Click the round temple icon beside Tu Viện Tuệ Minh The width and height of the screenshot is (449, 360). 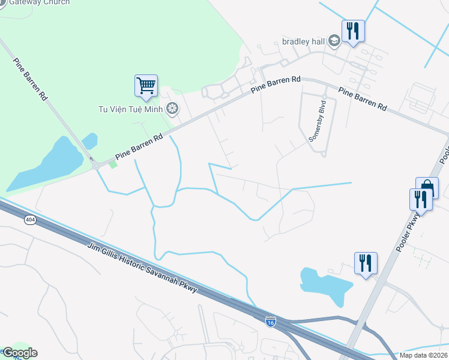pos(173,109)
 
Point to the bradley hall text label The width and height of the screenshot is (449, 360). pos(303,41)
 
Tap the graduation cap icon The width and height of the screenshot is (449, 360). pos(334,41)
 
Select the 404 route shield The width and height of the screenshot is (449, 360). pos(30,220)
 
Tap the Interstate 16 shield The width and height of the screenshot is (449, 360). pos(271,322)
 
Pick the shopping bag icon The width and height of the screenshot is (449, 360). pos(427,187)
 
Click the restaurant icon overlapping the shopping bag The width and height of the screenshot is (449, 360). pos(420,199)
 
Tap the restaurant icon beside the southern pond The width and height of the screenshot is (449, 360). pos(365,263)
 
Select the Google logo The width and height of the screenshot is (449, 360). pos(19,353)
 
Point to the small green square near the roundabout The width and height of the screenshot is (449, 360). pos(113,164)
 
